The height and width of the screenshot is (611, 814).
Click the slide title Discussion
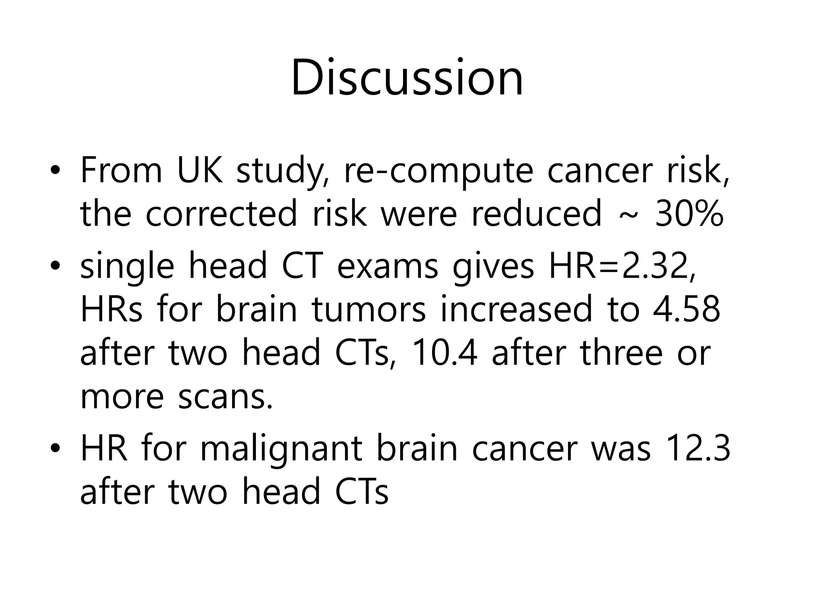pyautogui.click(x=407, y=78)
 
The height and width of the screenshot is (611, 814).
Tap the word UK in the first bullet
pyautogui.click(x=200, y=171)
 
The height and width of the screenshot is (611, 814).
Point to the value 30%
pyautogui.click(x=689, y=214)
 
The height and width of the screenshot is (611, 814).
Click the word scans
pyautogui.click(x=225, y=397)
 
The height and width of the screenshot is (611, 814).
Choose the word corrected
pyautogui.click(x=221, y=214)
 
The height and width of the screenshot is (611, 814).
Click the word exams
pyautogui.click(x=387, y=267)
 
